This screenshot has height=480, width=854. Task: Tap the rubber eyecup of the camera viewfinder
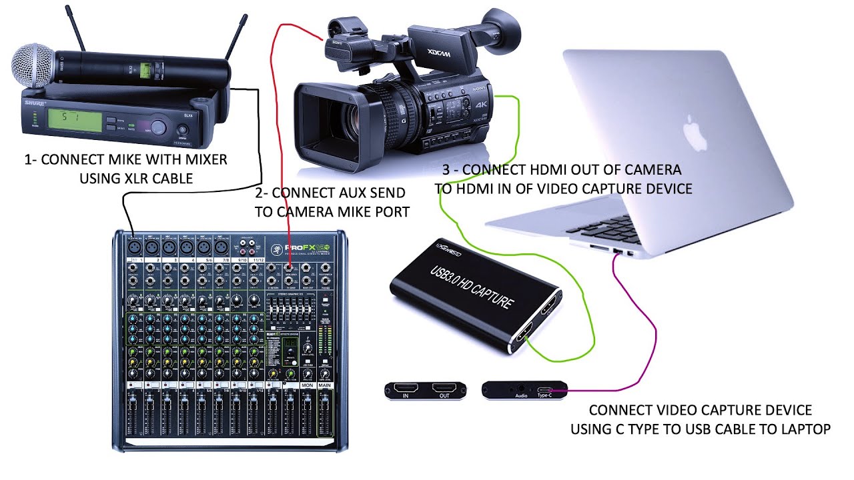508,31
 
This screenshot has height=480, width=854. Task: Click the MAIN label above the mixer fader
326,385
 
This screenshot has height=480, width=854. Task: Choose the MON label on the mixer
307,385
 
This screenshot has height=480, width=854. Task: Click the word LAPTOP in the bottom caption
804,429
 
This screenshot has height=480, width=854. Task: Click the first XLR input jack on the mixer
134,246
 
